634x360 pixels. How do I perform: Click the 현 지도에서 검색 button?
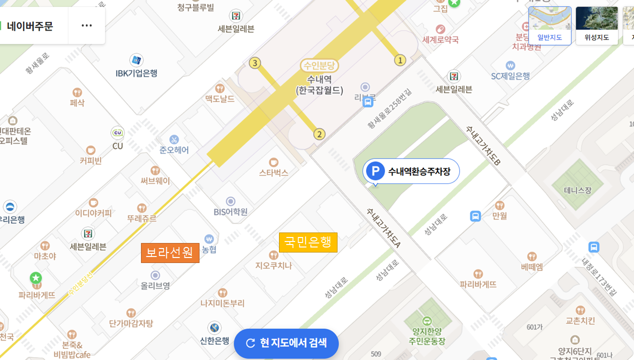tap(286, 343)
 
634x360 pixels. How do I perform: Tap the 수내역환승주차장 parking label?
tap(411, 171)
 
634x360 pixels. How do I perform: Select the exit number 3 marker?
tap(255, 63)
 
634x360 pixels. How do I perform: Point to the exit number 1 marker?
tap(400, 60)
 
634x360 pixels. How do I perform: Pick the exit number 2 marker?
tap(319, 134)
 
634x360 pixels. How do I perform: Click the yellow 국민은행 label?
tap(308, 242)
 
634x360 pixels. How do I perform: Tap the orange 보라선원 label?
tap(170, 253)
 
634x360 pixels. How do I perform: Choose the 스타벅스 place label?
tap(273, 172)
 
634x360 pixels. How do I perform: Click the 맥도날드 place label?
tap(219, 98)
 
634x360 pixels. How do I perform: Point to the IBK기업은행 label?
tap(136, 73)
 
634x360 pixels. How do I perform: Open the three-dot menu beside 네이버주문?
tap(86, 25)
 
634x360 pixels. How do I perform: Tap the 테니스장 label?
tap(577, 190)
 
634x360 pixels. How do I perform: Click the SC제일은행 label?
tap(510, 76)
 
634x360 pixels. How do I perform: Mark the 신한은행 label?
tap(214, 340)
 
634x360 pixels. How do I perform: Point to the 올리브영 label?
tap(155, 286)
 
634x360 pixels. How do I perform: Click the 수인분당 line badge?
tap(319, 65)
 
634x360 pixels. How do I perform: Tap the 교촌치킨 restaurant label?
tap(580, 320)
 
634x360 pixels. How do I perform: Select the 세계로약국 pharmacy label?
tap(440, 39)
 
